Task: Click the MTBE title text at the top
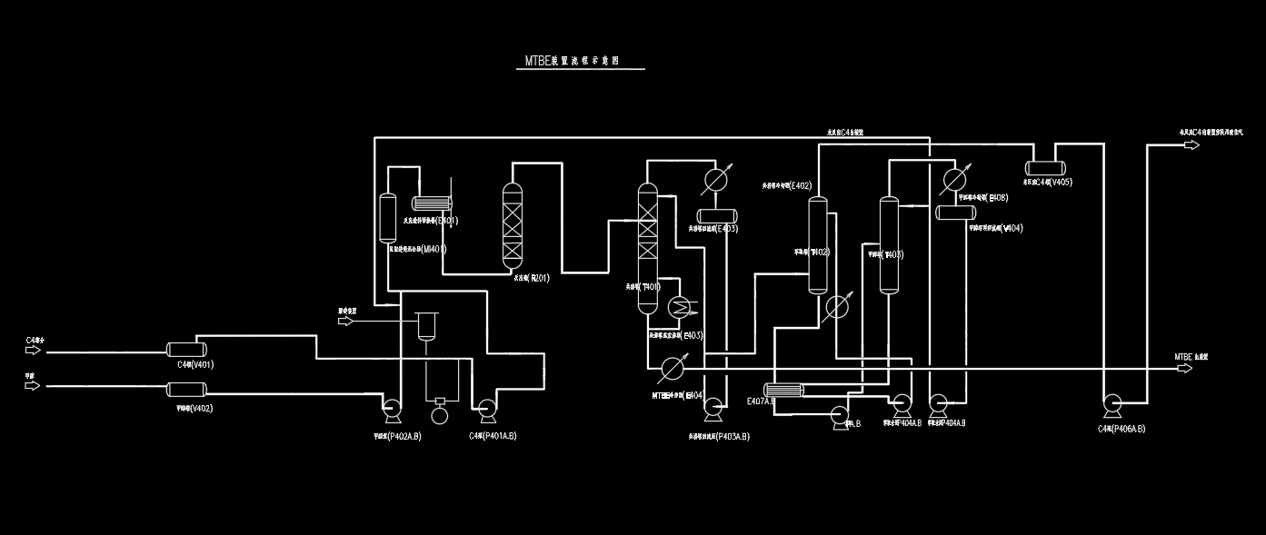pos(572,62)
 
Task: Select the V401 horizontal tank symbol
pos(186,349)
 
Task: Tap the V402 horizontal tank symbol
pos(186,389)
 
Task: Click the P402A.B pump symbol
pos(394,411)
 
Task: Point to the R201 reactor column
pos(514,224)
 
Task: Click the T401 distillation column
pos(647,247)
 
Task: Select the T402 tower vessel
pos(818,245)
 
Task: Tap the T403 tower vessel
pos(888,245)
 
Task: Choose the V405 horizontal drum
pos(1047,167)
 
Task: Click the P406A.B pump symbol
pos(1111,404)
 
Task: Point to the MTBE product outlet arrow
pos(1191,370)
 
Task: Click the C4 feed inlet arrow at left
pos(33,350)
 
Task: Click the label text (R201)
pos(538,278)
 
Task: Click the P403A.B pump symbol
pos(713,408)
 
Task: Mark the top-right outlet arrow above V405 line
pos(1191,144)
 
